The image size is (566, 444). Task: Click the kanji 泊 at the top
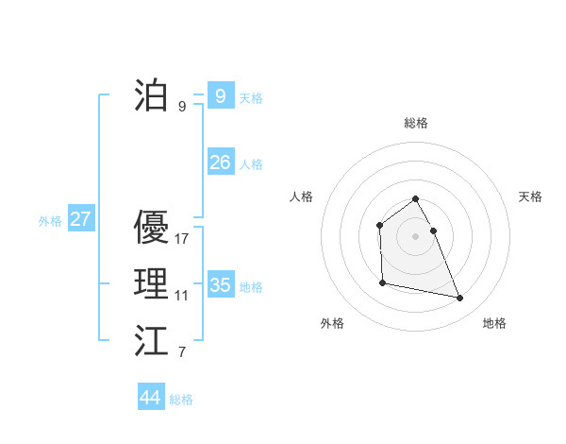[151, 95]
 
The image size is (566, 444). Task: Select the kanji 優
[151, 227]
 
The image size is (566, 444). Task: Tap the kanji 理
[151, 284]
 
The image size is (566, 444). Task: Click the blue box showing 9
[220, 95]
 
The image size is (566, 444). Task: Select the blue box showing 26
[220, 162]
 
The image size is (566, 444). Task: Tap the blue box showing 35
[220, 284]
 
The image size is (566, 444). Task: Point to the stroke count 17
[182, 239]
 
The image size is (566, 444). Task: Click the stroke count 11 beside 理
[181, 296]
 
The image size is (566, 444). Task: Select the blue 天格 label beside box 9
[251, 97]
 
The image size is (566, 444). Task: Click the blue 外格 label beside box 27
[50, 221]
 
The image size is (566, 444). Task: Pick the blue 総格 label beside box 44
[181, 400]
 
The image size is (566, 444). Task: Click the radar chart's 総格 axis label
[416, 123]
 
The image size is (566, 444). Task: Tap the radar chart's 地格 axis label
[494, 323]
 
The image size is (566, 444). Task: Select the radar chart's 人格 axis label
[302, 196]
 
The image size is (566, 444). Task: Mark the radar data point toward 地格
[460, 299]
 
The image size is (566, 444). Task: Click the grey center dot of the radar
[416, 236]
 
